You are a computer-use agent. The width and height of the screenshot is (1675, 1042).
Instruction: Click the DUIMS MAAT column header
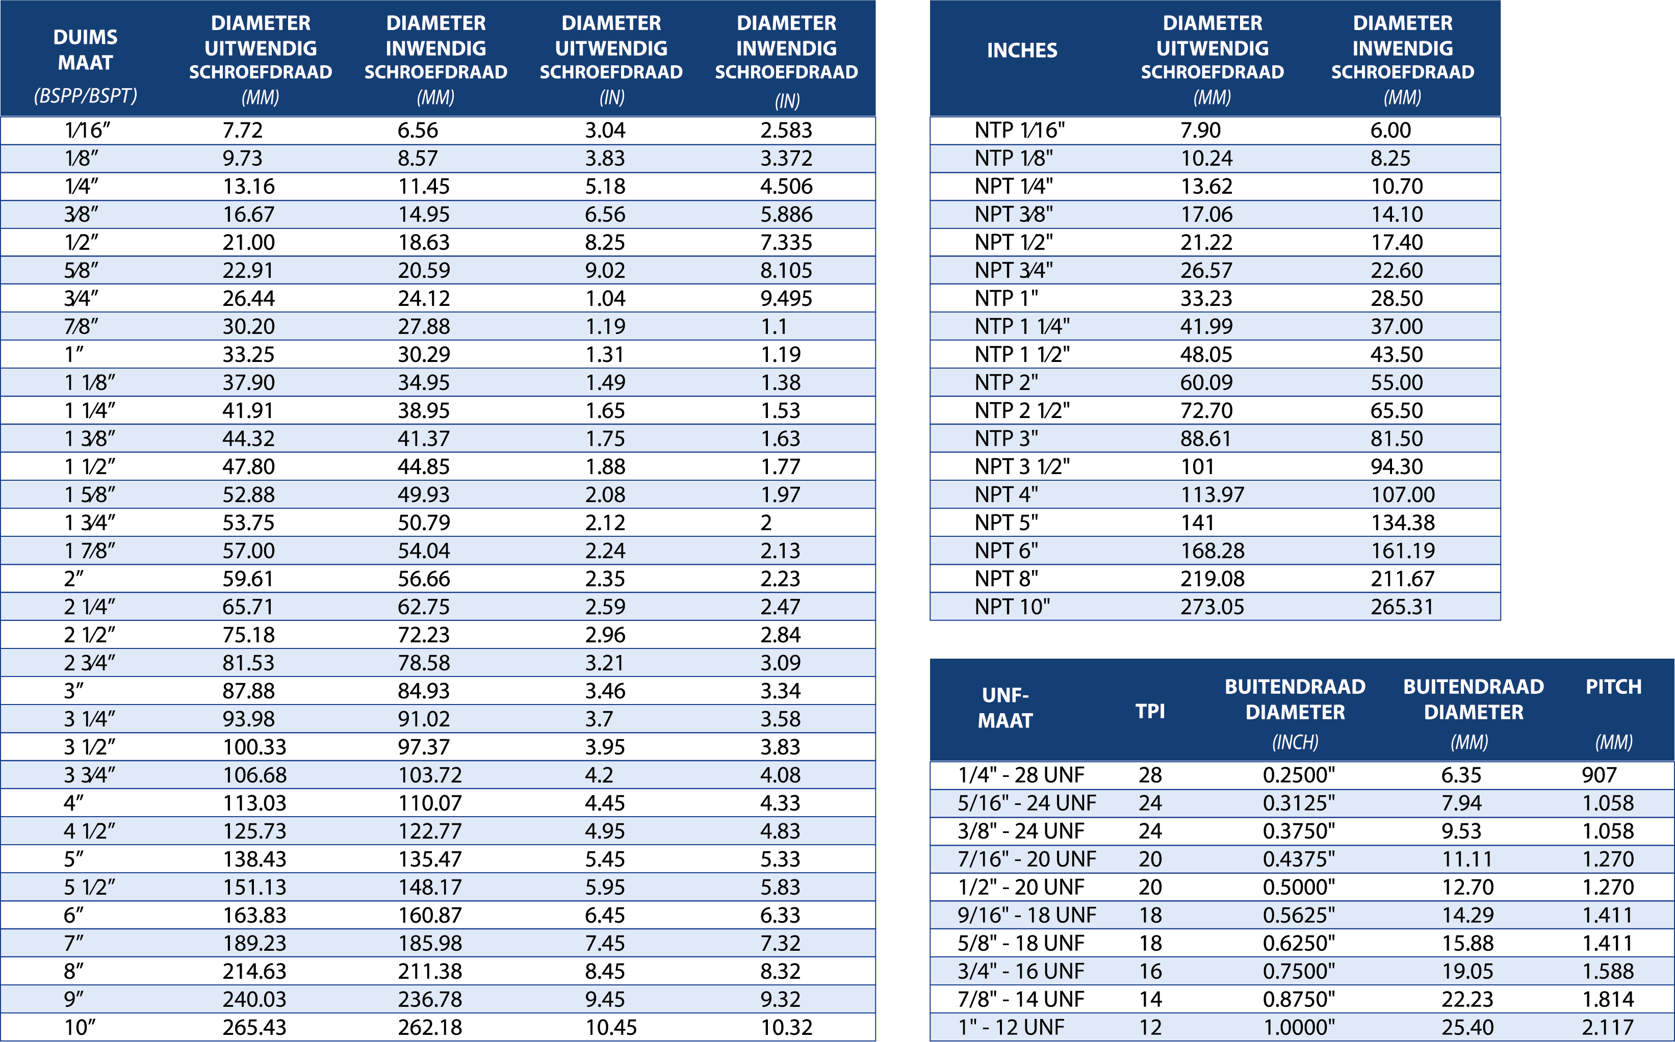(86, 49)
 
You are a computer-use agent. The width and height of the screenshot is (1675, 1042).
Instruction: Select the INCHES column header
(1021, 50)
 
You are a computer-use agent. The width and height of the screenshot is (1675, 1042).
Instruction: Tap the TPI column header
(1150, 711)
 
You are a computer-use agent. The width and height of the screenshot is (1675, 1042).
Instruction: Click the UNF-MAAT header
(1005, 708)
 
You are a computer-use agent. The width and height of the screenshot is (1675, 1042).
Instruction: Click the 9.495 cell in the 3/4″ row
(786, 298)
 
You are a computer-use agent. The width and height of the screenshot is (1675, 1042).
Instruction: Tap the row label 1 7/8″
(90, 551)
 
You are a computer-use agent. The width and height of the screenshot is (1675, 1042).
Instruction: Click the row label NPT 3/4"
(1013, 270)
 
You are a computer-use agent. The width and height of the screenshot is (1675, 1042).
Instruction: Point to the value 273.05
(1212, 607)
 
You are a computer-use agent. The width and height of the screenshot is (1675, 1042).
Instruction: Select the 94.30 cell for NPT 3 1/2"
(1396, 466)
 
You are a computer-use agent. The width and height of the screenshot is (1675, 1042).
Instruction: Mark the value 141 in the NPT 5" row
(1197, 523)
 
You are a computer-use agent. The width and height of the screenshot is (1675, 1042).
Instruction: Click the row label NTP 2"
(1006, 382)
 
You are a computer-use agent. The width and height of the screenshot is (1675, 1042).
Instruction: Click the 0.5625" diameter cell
(1298, 915)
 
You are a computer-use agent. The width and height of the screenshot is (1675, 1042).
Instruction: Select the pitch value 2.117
(1608, 1027)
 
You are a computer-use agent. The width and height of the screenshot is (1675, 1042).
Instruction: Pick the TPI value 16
(1150, 971)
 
